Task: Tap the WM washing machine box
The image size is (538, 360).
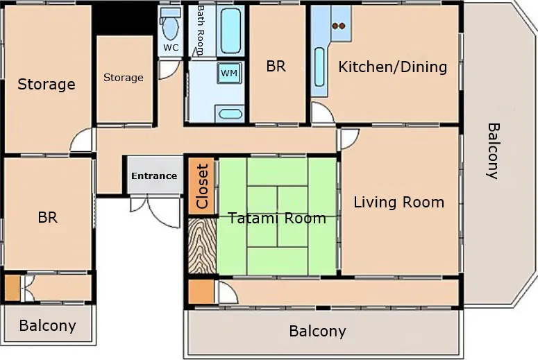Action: (x=228, y=73)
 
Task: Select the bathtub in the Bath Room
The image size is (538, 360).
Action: (x=230, y=30)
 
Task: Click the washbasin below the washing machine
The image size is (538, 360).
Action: (x=228, y=113)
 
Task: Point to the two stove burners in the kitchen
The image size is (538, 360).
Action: (x=339, y=26)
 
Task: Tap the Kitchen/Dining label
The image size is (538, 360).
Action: (x=392, y=67)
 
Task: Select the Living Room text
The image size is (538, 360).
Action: (x=398, y=203)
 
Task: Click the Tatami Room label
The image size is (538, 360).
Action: (x=277, y=218)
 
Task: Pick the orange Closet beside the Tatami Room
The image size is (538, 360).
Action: (x=201, y=186)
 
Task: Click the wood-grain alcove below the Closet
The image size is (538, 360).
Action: (x=201, y=246)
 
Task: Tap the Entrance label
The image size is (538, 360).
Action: (x=154, y=175)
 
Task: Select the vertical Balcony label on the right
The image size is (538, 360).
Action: (x=493, y=151)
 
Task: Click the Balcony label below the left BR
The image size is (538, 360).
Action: (x=47, y=325)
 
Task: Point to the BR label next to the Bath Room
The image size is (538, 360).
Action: (x=276, y=67)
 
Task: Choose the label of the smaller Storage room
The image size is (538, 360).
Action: (x=124, y=78)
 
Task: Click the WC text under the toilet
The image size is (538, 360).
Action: (x=170, y=48)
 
